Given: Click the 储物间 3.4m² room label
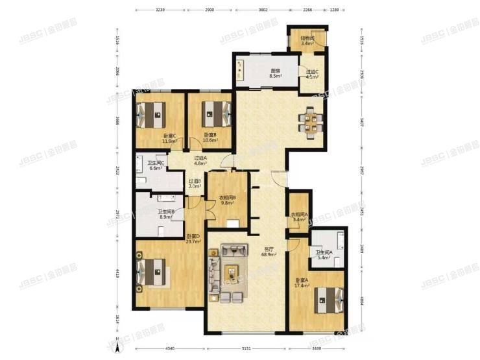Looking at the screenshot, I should click(307, 41).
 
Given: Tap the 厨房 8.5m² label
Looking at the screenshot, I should click(275, 73).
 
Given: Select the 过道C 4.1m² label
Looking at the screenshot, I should click(312, 74).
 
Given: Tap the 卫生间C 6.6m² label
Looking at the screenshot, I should click(156, 165).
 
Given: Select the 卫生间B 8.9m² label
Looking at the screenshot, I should click(165, 215).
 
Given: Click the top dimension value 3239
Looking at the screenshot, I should click(162, 10).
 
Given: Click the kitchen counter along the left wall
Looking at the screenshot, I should click(241, 71).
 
